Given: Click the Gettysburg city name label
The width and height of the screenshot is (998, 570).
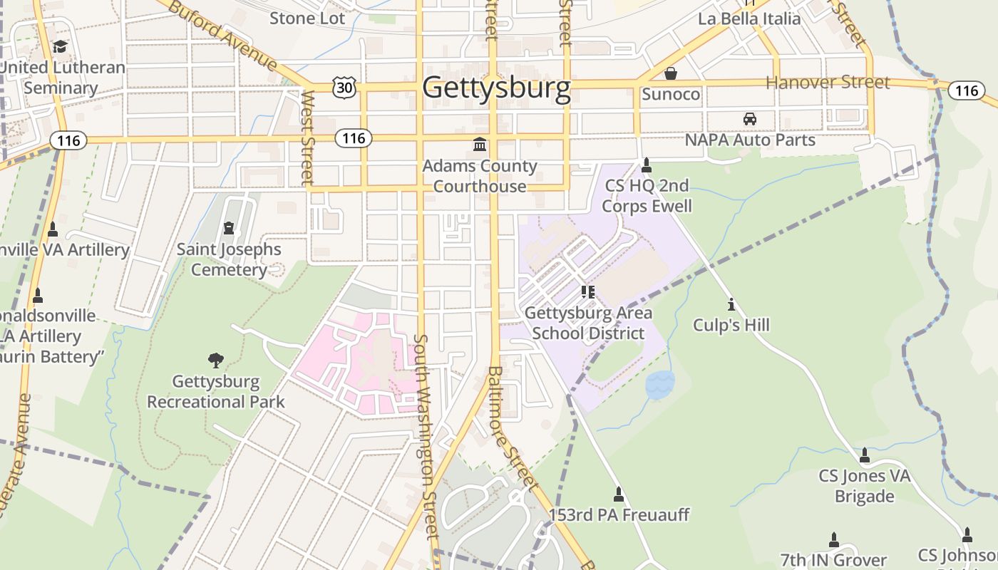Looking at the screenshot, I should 496,88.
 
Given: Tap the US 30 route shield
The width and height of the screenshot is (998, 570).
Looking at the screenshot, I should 344,87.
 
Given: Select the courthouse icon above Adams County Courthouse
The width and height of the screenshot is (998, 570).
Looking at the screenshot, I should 480,145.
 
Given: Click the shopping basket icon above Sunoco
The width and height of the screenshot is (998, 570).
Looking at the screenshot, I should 671,73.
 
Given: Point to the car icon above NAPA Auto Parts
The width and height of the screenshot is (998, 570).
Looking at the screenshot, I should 749,119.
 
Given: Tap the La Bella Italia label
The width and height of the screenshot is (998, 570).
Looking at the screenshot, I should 749,19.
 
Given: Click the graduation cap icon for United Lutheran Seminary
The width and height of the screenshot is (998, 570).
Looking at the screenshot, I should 60,47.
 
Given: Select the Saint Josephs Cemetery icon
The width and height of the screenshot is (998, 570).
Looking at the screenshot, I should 229,228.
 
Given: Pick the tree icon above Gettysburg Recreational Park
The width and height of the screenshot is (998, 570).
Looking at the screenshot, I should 215,360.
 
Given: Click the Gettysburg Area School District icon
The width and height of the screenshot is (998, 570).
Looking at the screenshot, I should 588,291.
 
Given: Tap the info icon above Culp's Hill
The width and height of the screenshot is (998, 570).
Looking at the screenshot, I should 731,305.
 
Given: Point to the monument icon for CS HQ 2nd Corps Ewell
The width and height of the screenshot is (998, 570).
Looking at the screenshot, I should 647,165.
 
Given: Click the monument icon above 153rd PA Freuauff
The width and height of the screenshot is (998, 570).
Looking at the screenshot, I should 619,494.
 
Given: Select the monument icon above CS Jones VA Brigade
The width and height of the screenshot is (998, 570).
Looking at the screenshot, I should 865,455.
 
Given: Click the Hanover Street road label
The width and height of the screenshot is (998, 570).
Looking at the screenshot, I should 828,83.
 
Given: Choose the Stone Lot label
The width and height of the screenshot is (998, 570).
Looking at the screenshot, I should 307,18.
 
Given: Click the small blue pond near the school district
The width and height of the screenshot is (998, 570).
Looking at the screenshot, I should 659,385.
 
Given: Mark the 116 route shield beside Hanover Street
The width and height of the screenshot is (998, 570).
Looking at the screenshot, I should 966,90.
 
